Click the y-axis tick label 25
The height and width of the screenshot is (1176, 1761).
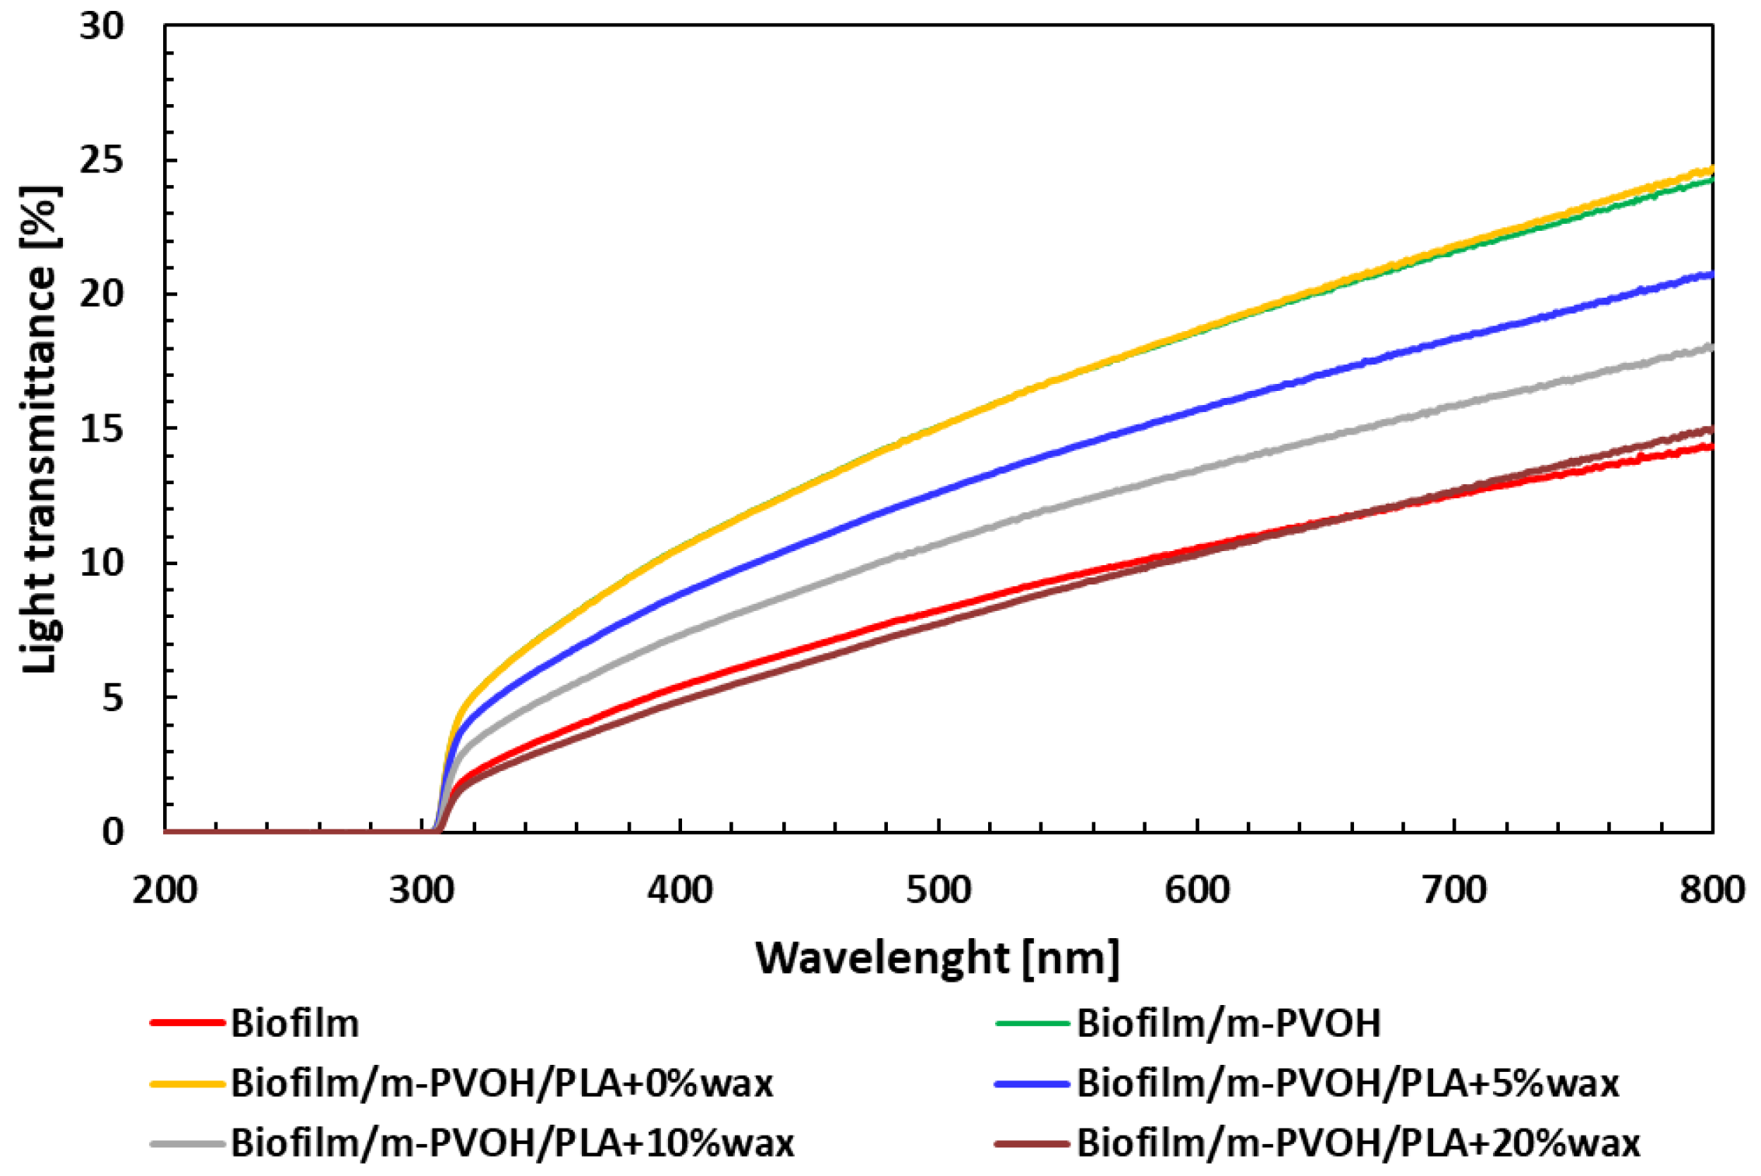[x=101, y=160]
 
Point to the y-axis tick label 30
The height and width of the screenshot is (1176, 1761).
[x=101, y=26]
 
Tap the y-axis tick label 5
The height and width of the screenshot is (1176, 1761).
[x=113, y=698]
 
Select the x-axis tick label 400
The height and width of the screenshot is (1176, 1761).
[x=680, y=890]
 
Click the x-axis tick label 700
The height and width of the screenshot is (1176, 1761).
[x=1454, y=890]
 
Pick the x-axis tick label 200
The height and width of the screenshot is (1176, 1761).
[x=165, y=890]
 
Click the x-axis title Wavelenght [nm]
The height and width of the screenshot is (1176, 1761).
[x=937, y=958]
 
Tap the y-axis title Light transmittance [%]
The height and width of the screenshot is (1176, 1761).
[x=40, y=429]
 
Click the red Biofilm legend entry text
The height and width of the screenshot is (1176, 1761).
[x=295, y=1024]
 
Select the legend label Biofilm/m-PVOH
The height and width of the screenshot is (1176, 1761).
[x=1228, y=1024]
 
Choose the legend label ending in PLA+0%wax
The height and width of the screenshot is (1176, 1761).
[x=502, y=1084]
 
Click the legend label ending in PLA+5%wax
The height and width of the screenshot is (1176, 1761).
[x=1348, y=1084]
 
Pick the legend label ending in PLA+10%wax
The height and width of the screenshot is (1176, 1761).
[x=513, y=1143]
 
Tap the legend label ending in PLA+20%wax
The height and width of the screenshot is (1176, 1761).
[x=1358, y=1143]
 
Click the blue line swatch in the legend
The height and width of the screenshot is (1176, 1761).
[x=1032, y=1084]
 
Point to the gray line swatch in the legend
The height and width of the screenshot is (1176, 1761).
[x=187, y=1143]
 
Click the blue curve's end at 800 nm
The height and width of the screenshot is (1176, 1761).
[x=1711, y=274]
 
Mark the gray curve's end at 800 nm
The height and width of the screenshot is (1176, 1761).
[x=1711, y=347]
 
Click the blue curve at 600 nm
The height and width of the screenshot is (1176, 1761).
[x=1197, y=409]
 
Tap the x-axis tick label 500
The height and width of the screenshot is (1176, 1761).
[x=938, y=890]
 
